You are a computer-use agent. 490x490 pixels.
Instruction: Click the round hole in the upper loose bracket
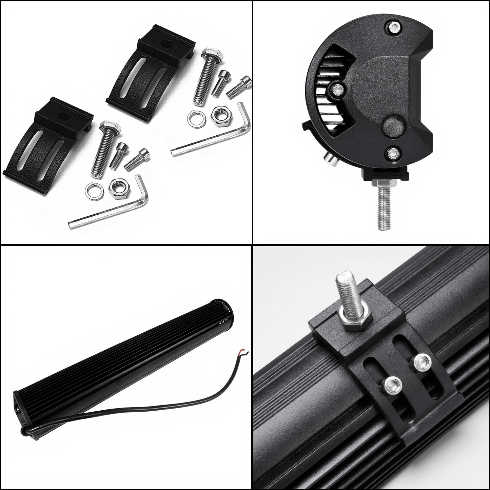click(x=166, y=43)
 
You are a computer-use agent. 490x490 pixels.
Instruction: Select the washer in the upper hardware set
click(x=194, y=118)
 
